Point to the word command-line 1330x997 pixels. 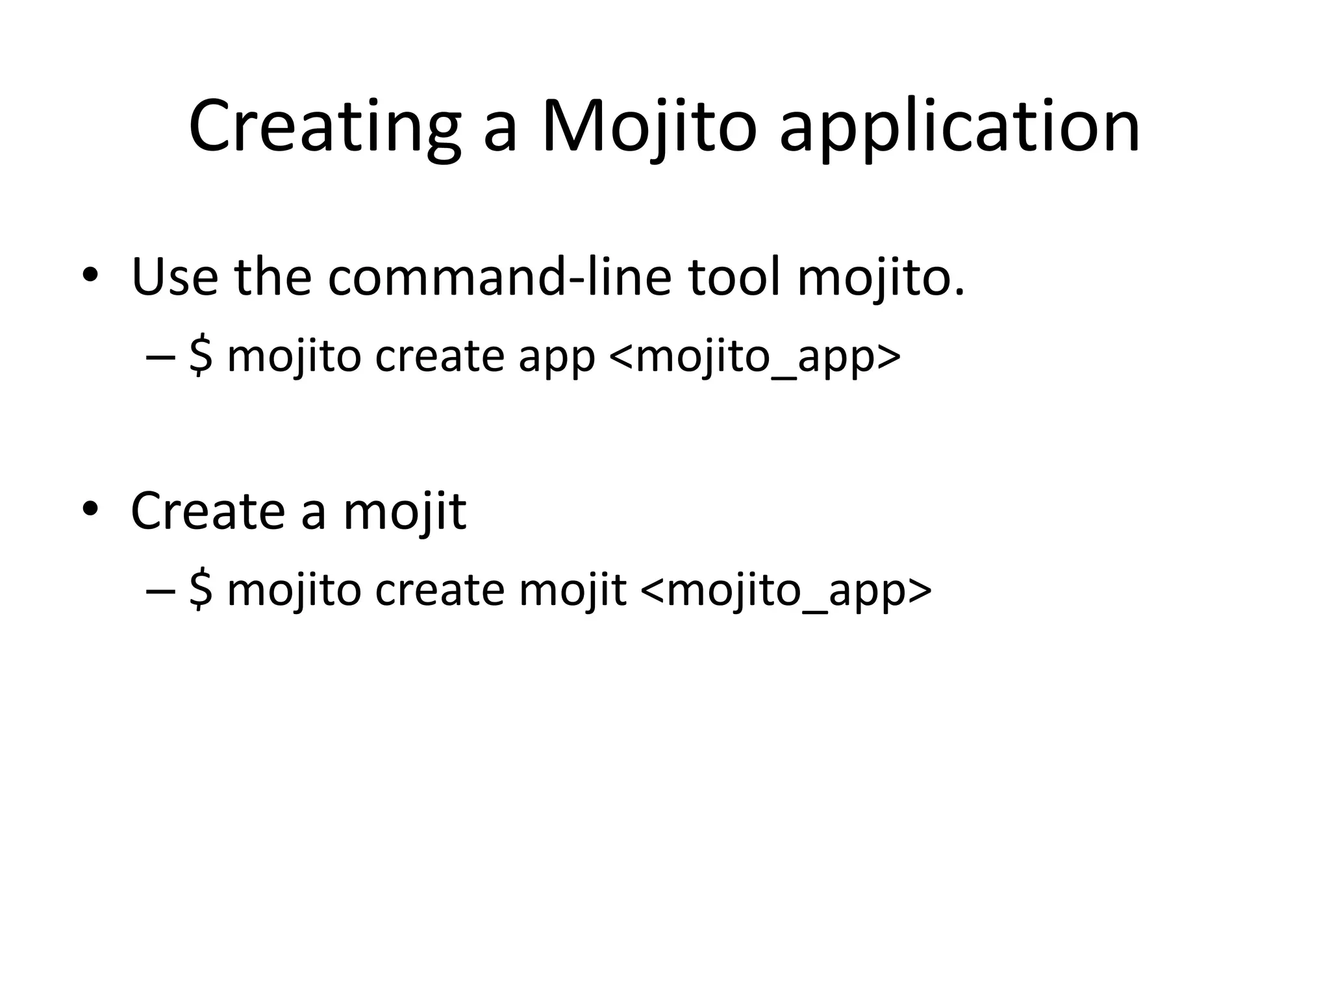coord(499,278)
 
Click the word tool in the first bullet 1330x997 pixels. coord(733,278)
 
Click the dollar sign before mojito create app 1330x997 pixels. coord(201,357)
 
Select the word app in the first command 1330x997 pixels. coord(557,359)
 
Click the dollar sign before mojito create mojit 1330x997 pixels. coord(201,591)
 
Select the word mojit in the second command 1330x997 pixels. coord(572,591)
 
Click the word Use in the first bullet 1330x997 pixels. coord(175,278)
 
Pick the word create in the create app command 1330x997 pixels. coord(440,358)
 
